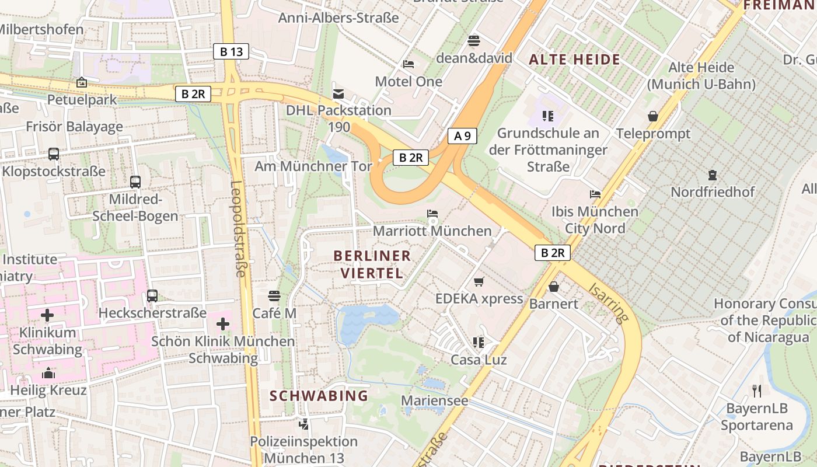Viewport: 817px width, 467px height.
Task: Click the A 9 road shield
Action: (462, 136)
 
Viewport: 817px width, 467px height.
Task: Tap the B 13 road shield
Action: (231, 51)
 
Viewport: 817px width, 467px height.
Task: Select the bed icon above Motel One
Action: (408, 64)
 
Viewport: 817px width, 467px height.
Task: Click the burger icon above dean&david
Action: (474, 41)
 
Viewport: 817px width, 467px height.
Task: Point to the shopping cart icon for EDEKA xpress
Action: (479, 281)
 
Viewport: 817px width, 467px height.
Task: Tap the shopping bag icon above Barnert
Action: (554, 287)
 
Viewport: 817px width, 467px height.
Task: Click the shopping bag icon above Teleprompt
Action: (653, 116)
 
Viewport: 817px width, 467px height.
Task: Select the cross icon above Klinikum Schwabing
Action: (47, 315)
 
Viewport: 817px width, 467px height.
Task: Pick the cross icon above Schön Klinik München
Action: (222, 323)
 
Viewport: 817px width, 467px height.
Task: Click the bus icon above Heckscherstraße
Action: (152, 295)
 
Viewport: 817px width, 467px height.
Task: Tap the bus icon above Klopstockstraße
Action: (54, 154)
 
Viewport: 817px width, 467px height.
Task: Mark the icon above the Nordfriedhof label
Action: (712, 175)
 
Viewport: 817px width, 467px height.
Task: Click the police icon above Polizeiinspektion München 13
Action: (303, 424)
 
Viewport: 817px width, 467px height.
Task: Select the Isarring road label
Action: (609, 302)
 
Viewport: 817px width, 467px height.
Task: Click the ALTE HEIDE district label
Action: (574, 59)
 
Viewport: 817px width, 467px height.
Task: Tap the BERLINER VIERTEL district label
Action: (372, 264)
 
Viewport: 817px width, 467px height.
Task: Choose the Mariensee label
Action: (435, 400)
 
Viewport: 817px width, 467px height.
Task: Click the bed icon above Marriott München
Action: (432, 214)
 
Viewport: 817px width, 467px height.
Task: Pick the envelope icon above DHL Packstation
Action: (338, 93)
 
